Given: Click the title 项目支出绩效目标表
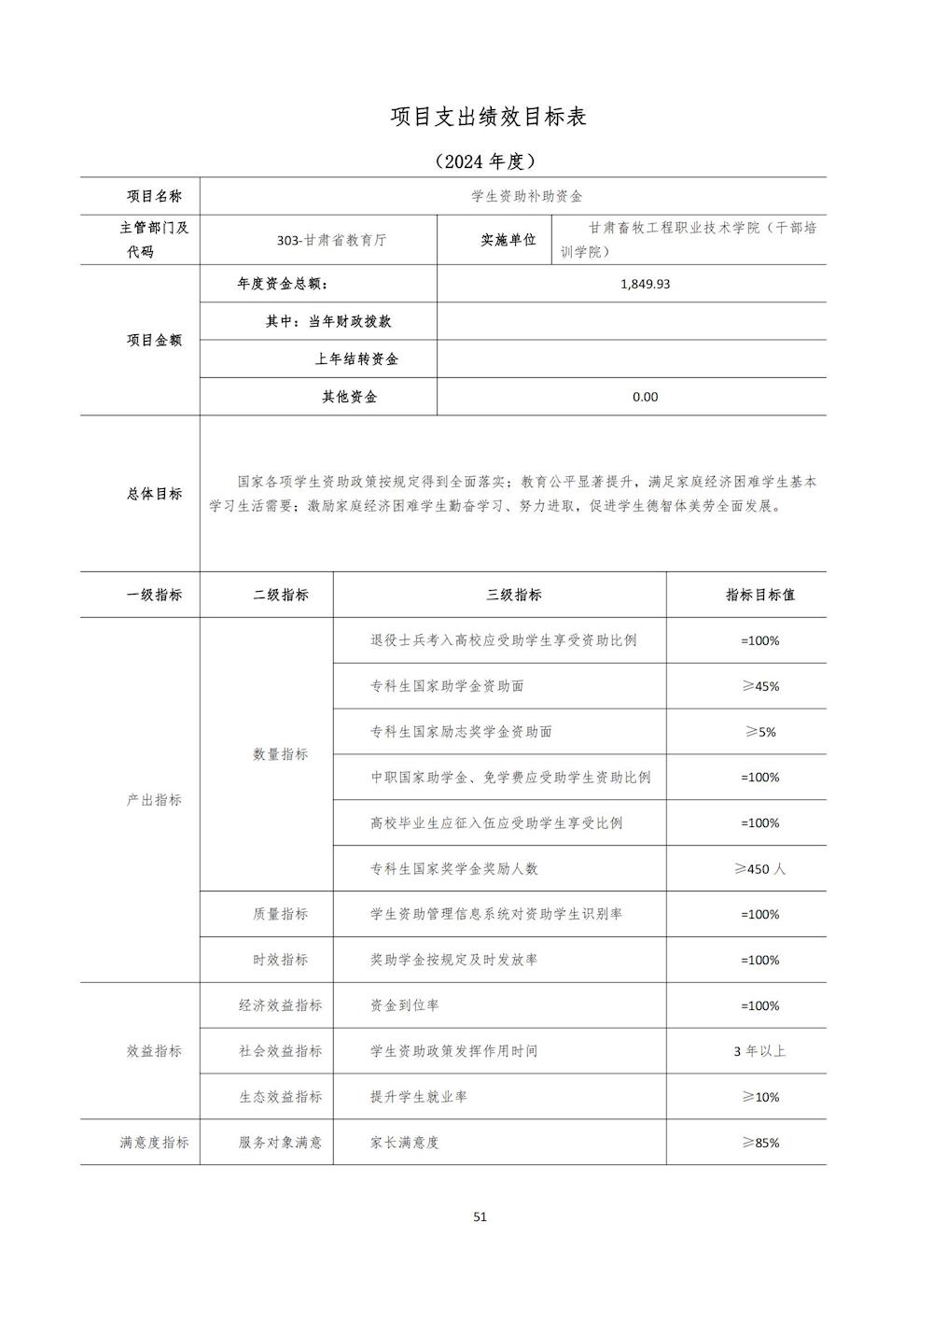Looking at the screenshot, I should pyautogui.click(x=488, y=117).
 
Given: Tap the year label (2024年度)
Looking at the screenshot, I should pyautogui.click(x=486, y=161).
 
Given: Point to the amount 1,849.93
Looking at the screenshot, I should pyautogui.click(x=645, y=284).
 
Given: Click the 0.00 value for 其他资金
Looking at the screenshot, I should pyautogui.click(x=645, y=397).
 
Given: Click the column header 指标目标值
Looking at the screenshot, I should pyautogui.click(x=759, y=595).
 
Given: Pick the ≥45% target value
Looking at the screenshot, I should pyautogui.click(x=759, y=686).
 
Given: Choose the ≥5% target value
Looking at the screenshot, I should pyautogui.click(x=759, y=732).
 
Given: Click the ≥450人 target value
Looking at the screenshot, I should pyautogui.click(x=759, y=869).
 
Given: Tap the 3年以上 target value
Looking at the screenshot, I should pyautogui.click(x=759, y=1051).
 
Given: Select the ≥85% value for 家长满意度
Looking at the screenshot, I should pyautogui.click(x=759, y=1143).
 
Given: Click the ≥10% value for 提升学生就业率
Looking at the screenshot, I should pyautogui.click(x=759, y=1097).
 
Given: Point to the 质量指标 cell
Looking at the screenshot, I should pyautogui.click(x=280, y=915).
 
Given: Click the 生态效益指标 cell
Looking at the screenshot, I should pyautogui.click(x=280, y=1097).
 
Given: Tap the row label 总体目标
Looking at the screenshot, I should pyautogui.click(x=154, y=494).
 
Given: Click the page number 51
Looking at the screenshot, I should pyautogui.click(x=480, y=1216).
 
